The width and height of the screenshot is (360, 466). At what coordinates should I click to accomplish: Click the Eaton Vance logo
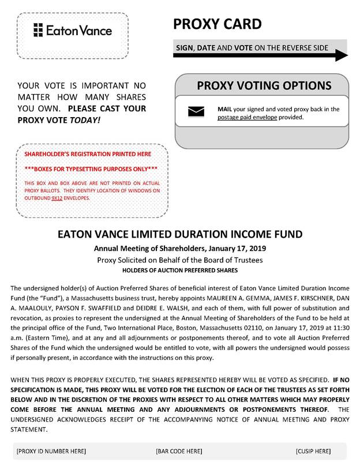[73, 30]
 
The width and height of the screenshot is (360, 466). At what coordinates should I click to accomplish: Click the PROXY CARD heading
[217, 24]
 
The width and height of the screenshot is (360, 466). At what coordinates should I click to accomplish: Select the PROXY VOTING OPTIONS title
[264, 86]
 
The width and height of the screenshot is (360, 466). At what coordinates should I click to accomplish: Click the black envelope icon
[196, 112]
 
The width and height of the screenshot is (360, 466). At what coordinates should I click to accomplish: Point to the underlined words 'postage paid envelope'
[247, 117]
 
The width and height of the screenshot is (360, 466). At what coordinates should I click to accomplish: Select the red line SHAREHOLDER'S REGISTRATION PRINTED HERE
[88, 154]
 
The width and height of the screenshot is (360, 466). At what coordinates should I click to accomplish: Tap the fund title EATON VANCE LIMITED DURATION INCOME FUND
[180, 235]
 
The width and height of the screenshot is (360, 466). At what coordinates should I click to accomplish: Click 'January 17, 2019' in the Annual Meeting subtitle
[233, 249]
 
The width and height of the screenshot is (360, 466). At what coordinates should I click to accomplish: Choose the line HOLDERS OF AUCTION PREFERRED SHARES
[180, 270]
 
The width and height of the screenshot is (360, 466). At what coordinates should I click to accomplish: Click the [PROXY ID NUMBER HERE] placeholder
[51, 451]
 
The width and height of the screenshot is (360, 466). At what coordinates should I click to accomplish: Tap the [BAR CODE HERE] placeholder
[179, 451]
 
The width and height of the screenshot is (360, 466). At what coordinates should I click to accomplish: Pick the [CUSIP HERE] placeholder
[313, 451]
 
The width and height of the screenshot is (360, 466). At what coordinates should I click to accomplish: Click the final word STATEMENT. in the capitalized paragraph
[31, 430]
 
